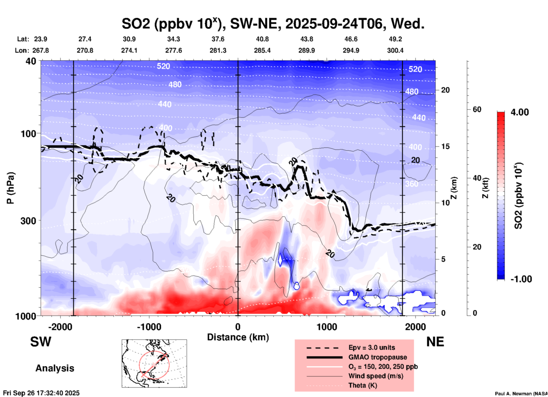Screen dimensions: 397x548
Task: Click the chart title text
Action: [273, 24]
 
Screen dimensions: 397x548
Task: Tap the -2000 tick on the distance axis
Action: [60, 327]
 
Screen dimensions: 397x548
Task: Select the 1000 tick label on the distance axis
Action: [327, 327]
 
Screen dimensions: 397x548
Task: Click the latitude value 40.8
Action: [262, 39]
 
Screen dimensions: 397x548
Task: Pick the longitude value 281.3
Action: [218, 50]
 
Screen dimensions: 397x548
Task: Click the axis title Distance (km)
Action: [238, 337]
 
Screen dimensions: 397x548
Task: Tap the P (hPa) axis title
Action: [11, 188]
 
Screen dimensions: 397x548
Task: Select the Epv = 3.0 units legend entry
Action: [371, 348]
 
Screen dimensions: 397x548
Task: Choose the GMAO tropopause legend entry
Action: [377, 357]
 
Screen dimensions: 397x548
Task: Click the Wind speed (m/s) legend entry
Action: [376, 376]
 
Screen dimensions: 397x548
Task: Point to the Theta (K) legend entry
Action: [362, 385]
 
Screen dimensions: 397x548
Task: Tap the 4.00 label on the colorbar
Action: [520, 112]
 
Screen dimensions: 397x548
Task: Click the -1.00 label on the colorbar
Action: [521, 279]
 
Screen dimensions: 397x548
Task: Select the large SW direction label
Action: [41, 342]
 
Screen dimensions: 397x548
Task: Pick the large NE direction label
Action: [435, 342]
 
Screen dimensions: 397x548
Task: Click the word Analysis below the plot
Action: [55, 368]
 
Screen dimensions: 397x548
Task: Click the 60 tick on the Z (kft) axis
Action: [477, 109]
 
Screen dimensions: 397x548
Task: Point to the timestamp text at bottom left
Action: [41, 393]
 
